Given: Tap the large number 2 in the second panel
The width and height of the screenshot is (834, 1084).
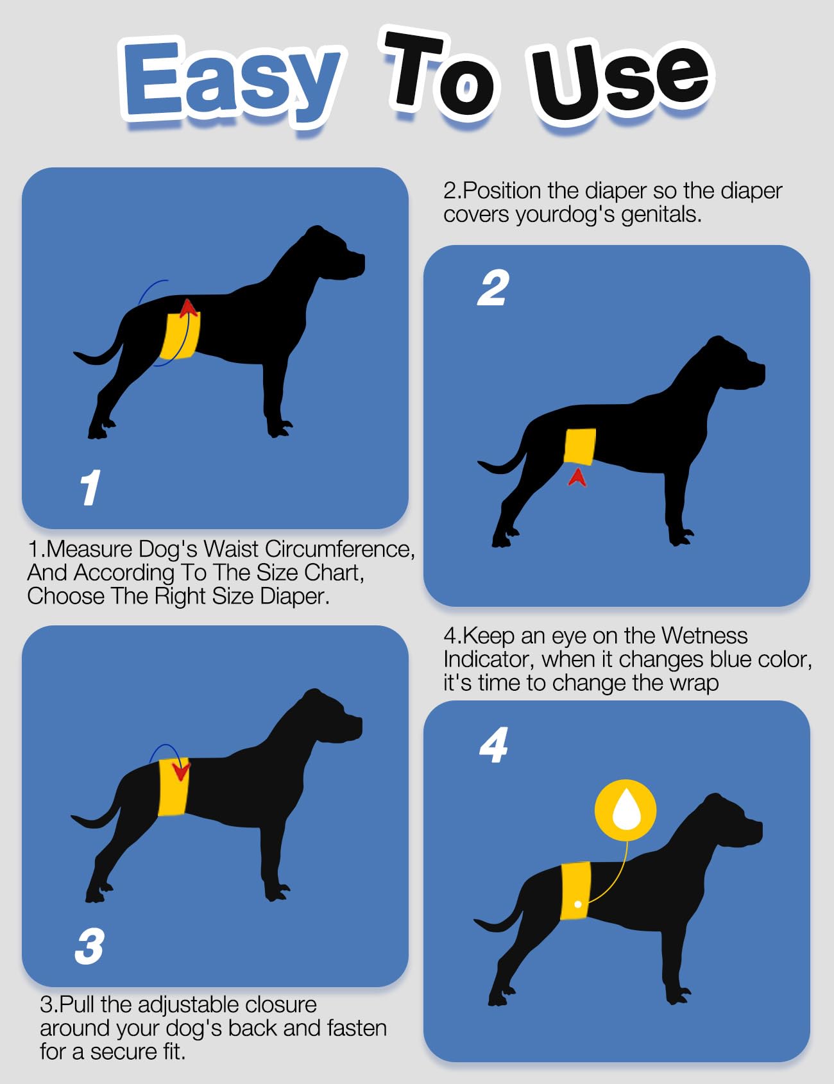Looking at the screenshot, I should [493, 289].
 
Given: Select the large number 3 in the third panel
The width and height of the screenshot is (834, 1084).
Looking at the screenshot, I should [89, 946].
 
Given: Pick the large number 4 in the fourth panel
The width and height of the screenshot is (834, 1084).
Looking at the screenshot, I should [494, 745].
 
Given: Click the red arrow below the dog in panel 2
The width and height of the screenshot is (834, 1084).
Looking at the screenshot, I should [577, 477].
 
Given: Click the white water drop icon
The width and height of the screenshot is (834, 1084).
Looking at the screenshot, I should [625, 809].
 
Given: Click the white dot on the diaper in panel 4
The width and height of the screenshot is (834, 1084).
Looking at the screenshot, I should [578, 904].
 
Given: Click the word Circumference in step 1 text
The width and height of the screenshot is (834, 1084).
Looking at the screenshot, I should [339, 549].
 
